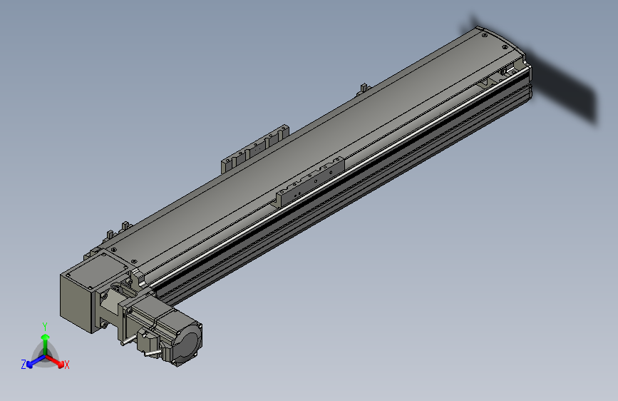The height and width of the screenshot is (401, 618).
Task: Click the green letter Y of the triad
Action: pyautogui.click(x=44, y=325)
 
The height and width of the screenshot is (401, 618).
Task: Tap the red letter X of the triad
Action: pyautogui.click(x=67, y=365)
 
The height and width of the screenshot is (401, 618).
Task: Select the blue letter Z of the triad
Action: pyautogui.click(x=24, y=364)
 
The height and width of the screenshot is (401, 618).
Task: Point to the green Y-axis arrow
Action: pyautogui.click(x=44, y=340)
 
